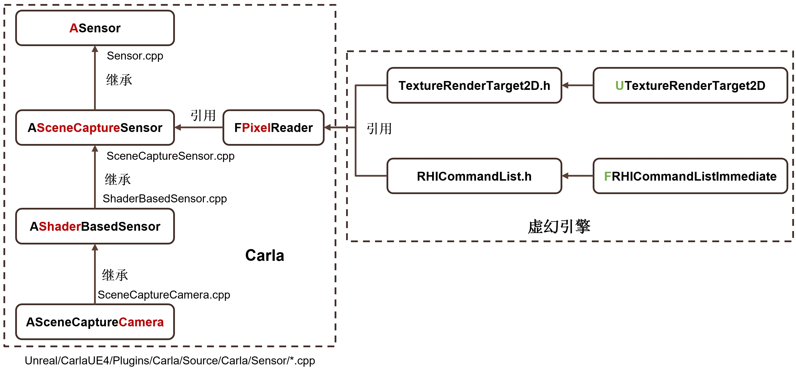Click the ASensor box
[x=95, y=28]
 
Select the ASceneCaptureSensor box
[x=95, y=127]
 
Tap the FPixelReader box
[x=274, y=127]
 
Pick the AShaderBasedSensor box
[x=95, y=226]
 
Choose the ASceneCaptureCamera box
[x=95, y=322]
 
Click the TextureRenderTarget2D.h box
[x=474, y=86]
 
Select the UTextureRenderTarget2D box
[x=690, y=86]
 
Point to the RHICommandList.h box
[x=474, y=176]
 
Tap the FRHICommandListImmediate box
[x=690, y=176]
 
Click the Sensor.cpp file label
[x=135, y=56]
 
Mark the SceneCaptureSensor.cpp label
[x=170, y=156]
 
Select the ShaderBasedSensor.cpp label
[x=165, y=198]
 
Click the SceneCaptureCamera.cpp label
[x=164, y=295]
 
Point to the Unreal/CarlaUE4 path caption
[x=170, y=360]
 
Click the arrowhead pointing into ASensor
[x=95, y=49]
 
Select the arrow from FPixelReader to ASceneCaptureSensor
[x=199, y=127]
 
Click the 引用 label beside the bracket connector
[x=379, y=129]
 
